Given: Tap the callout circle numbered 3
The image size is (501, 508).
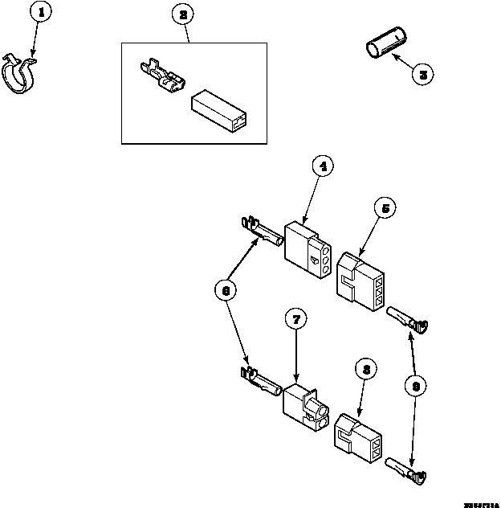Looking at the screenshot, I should pos(423,74).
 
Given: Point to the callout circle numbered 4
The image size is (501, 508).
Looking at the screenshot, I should pos(323,168).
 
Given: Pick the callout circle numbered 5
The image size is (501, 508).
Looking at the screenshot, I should pos(385,208).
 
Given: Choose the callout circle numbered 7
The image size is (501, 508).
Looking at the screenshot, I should pos(296,320).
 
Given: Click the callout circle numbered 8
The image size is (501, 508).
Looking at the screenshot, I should pos(365,371).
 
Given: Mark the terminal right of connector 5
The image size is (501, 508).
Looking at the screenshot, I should pos(409,319).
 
